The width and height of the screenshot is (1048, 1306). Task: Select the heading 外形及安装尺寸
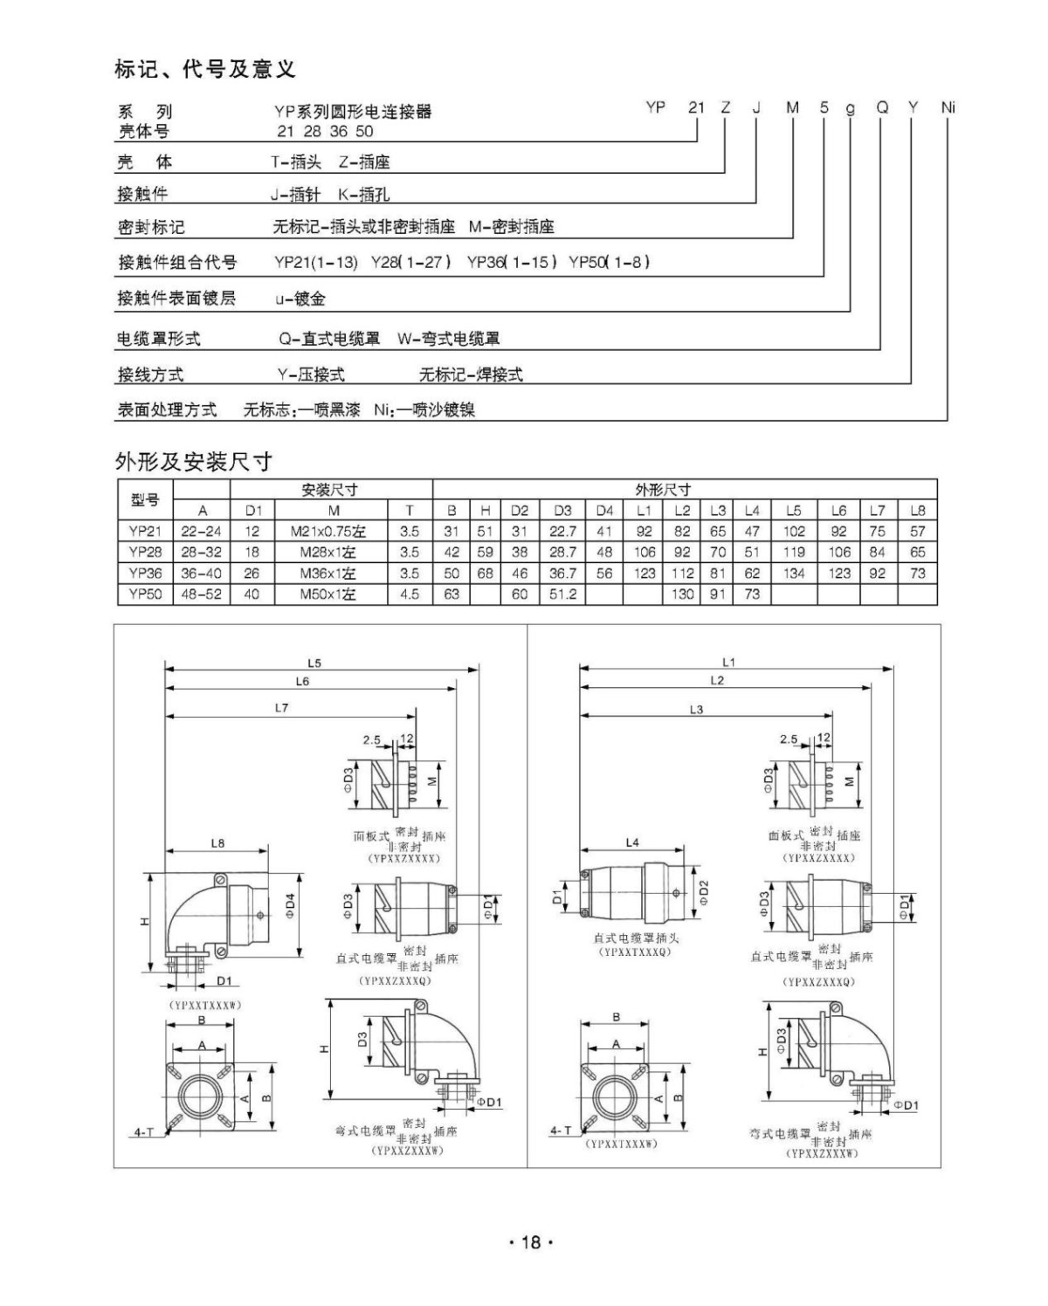(x=193, y=462)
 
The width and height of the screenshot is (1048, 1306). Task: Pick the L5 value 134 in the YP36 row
(x=794, y=574)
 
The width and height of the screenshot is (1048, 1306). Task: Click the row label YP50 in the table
(x=145, y=595)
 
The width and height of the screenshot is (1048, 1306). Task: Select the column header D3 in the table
(x=562, y=510)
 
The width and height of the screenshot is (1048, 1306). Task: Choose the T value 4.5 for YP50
(x=409, y=595)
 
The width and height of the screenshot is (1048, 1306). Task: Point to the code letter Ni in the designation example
(x=948, y=107)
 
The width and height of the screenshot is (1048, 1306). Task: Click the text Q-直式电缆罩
(x=329, y=339)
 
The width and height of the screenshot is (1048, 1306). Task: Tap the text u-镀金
(x=300, y=299)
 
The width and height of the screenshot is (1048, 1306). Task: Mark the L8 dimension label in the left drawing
(x=217, y=843)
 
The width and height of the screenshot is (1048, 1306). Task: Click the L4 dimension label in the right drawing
(x=632, y=842)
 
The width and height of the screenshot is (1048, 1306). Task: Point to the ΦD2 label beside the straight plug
(x=704, y=894)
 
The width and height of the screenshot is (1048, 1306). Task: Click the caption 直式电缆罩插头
(x=636, y=938)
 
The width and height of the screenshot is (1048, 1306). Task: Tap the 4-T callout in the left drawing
(x=143, y=1132)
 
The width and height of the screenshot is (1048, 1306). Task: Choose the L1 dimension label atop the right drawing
(x=728, y=663)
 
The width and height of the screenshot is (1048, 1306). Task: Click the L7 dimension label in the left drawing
(x=281, y=708)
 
